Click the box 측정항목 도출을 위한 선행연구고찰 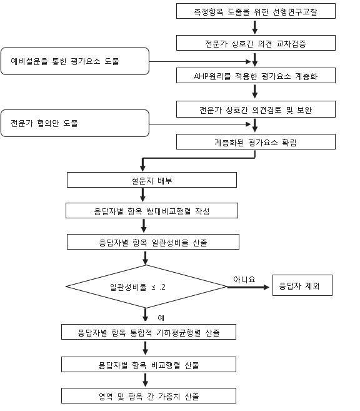pos(256,11)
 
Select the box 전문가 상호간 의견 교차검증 pos(256,43)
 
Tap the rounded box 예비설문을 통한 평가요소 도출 pos(75,61)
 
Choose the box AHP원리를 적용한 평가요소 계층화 pos(256,76)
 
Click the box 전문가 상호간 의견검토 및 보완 pos(256,109)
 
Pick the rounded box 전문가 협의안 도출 pos(75,123)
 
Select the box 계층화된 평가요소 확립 pos(256,142)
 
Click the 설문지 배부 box pos(152,180)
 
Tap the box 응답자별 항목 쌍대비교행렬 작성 pos(152,210)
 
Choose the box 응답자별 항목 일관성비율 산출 pos(153,241)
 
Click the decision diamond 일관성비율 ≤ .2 pos(146,287)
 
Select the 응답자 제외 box pos(302,285)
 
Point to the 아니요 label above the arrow pos(244,280)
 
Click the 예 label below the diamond pos(161,318)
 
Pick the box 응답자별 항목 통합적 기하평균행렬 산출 pos(149,332)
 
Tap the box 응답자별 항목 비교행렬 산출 pos(149,364)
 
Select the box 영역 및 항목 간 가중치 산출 pos(149,396)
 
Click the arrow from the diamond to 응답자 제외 pos(248,287)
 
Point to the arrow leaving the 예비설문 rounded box pos(200,61)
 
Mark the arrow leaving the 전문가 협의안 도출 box pos(200,124)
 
